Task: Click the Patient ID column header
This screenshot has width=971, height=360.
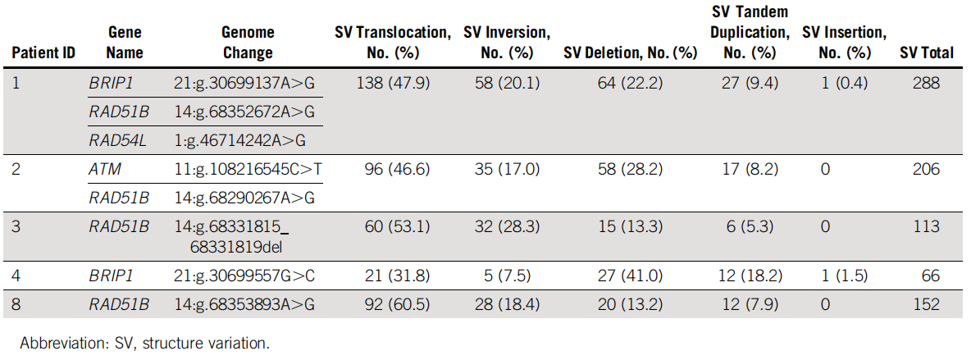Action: pyautogui.click(x=43, y=53)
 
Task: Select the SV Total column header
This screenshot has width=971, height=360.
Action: pyautogui.click(x=927, y=53)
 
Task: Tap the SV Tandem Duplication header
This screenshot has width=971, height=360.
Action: pyautogui.click(x=750, y=32)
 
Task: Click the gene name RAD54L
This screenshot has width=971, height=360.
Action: pyautogui.click(x=117, y=141)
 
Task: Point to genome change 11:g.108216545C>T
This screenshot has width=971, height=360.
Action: pyautogui.click(x=248, y=169)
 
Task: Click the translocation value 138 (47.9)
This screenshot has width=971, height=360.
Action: pyautogui.click(x=393, y=83)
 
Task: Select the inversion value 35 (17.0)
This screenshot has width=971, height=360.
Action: pyautogui.click(x=507, y=169)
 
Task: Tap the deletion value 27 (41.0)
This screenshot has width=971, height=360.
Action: pyautogui.click(x=631, y=275)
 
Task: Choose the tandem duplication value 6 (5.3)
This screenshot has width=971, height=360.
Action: pyautogui.click(x=750, y=227)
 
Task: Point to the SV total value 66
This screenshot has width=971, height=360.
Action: pyautogui.click(x=930, y=275)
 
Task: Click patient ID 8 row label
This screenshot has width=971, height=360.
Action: pyautogui.click(x=16, y=304)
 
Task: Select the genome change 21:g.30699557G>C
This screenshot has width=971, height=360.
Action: pyautogui.click(x=244, y=275)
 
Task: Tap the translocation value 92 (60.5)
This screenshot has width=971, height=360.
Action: pyautogui.click(x=393, y=304)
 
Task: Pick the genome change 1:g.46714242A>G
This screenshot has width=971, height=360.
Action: pyautogui.click(x=239, y=141)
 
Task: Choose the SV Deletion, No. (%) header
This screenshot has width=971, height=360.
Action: pyautogui.click(x=631, y=53)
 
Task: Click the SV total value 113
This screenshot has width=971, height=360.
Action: pyautogui.click(x=927, y=227)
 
